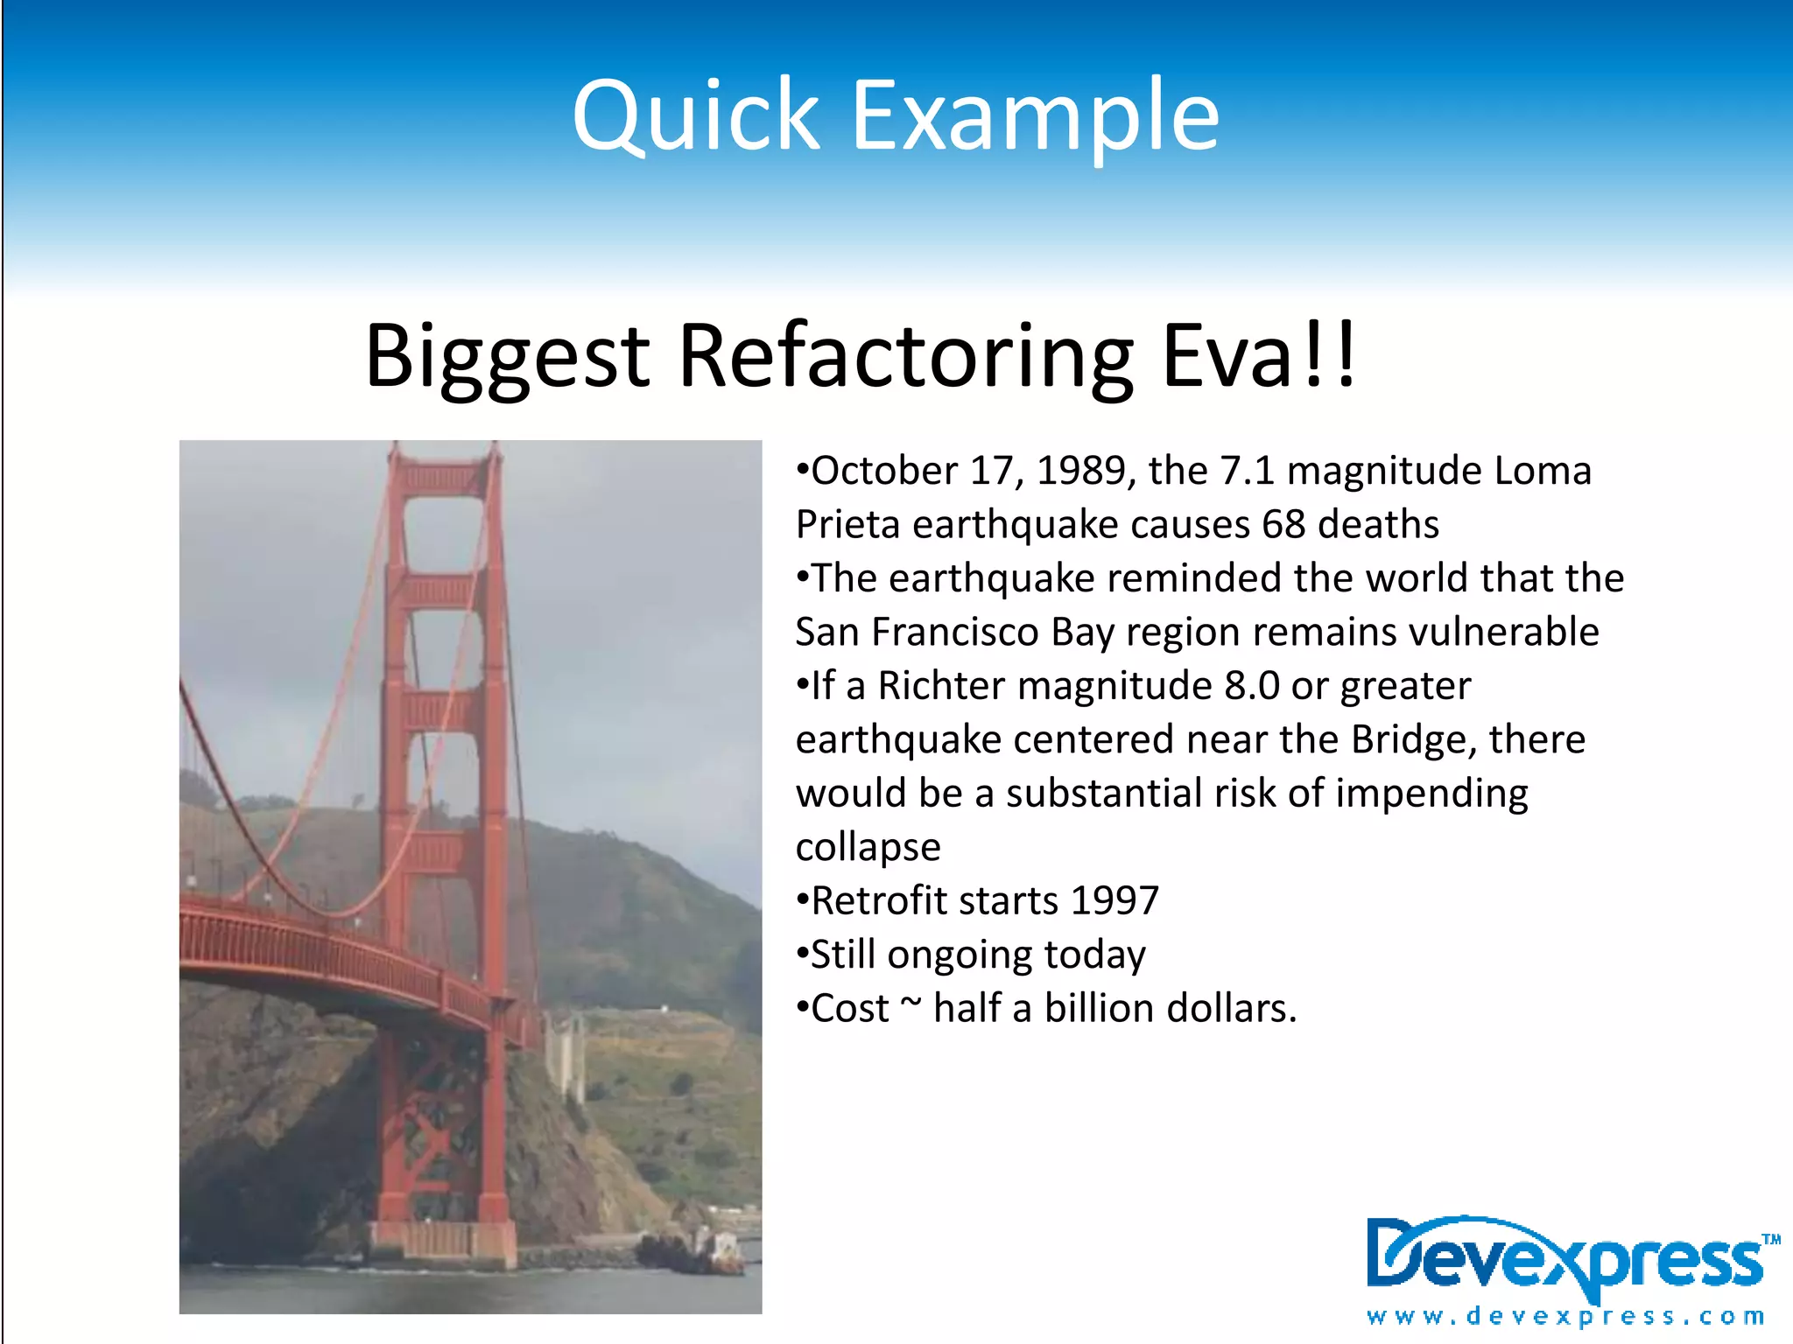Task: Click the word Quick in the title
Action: point(696,115)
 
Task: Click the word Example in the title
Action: point(1035,115)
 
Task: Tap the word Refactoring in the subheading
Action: point(906,355)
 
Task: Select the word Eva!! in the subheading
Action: point(1258,355)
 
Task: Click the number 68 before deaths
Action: point(1283,525)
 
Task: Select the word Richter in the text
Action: point(941,686)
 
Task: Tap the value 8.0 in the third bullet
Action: point(1251,686)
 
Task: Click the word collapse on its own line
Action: point(868,847)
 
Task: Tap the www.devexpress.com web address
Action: point(1565,1317)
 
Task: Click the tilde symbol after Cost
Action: point(911,1004)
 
